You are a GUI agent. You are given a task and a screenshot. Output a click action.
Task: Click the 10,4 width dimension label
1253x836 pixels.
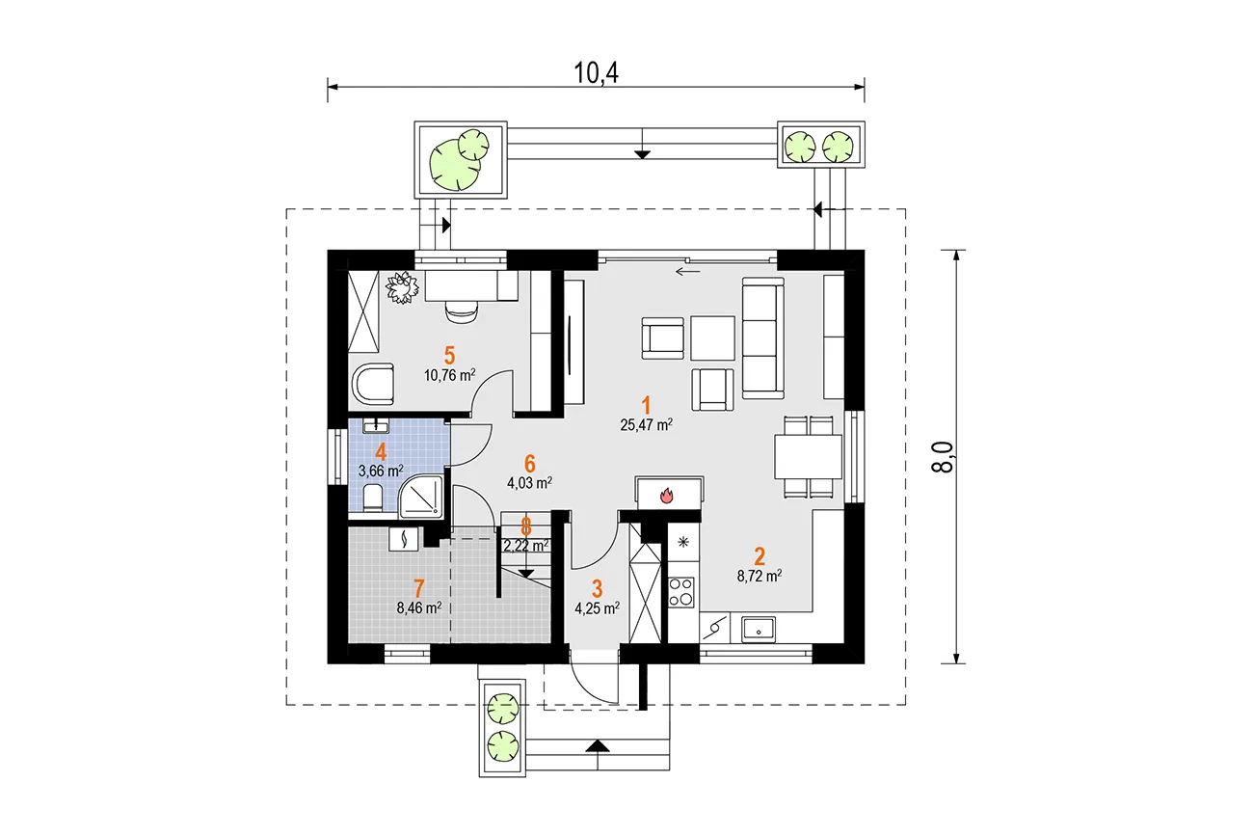597,73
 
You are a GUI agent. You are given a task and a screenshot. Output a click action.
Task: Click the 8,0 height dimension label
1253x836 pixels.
943,457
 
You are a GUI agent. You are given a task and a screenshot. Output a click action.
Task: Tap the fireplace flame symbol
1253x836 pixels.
666,496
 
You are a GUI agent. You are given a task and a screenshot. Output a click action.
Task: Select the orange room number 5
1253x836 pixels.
449,356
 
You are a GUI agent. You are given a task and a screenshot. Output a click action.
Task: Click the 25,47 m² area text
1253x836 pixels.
646,424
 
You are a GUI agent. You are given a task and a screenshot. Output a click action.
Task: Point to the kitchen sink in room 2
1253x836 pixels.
759,630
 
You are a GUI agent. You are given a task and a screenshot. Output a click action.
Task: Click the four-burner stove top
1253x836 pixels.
681,592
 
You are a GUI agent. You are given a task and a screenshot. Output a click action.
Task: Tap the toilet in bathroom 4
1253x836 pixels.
373,498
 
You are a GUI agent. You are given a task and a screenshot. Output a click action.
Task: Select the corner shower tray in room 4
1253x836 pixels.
421,496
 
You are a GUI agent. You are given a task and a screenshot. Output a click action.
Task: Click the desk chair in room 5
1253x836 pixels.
462,310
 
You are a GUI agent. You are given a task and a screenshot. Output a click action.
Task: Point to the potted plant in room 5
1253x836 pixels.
402,287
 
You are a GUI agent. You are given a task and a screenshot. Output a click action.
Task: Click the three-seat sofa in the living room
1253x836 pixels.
763,338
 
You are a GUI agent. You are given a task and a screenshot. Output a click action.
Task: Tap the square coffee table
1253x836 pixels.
712,338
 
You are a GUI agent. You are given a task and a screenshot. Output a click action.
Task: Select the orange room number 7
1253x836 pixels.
419,588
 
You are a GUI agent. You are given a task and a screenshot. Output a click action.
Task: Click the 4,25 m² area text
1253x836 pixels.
597,607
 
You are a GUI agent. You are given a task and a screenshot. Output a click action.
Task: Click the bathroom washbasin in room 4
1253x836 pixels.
377,426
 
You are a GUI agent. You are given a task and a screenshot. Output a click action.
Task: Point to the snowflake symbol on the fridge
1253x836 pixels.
683,542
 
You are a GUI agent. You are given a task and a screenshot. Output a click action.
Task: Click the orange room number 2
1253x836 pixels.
760,556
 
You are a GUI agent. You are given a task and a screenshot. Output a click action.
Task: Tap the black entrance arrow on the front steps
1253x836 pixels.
598,745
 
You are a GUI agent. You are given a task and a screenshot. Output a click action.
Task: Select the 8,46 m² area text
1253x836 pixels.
419,607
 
